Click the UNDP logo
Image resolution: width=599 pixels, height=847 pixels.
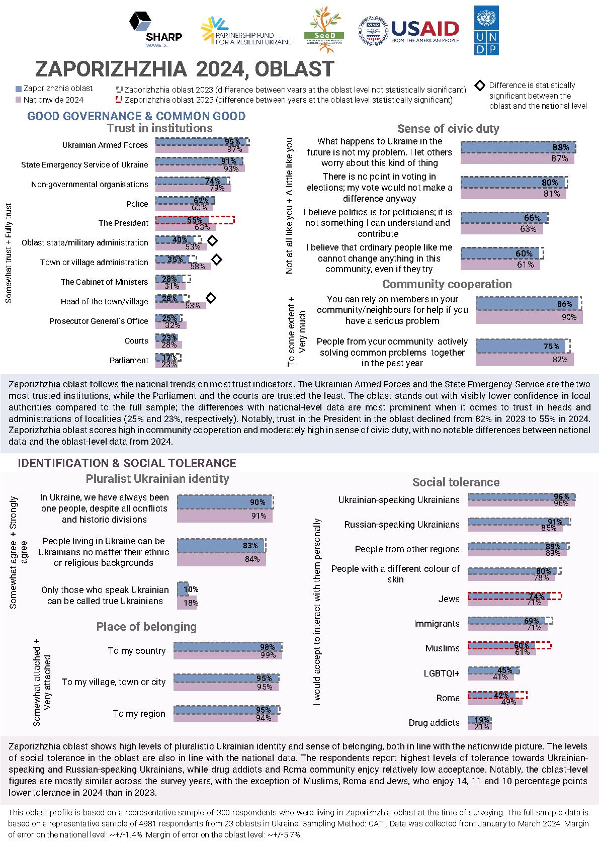click(486, 30)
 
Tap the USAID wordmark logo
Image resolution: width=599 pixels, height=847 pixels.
click(425, 31)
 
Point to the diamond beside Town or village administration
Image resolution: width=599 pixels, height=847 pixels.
click(217, 260)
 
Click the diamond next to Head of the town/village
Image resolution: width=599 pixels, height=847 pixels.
click(211, 298)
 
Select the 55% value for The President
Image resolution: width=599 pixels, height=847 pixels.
click(195, 220)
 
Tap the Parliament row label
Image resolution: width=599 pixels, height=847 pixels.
click(129, 360)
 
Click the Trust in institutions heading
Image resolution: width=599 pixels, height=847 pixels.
click(159, 128)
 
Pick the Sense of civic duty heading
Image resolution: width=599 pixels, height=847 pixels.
click(448, 129)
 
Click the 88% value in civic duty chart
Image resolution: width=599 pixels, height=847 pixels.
click(561, 147)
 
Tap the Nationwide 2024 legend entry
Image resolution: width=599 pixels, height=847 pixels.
click(53, 100)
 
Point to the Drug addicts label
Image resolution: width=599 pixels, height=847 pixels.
click(434, 723)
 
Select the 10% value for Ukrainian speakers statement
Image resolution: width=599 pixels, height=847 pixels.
click(191, 589)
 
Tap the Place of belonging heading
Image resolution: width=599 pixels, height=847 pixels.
click(146, 627)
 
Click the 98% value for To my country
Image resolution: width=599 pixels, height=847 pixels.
click(267, 647)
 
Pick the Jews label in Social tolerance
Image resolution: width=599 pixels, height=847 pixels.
click(449, 599)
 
